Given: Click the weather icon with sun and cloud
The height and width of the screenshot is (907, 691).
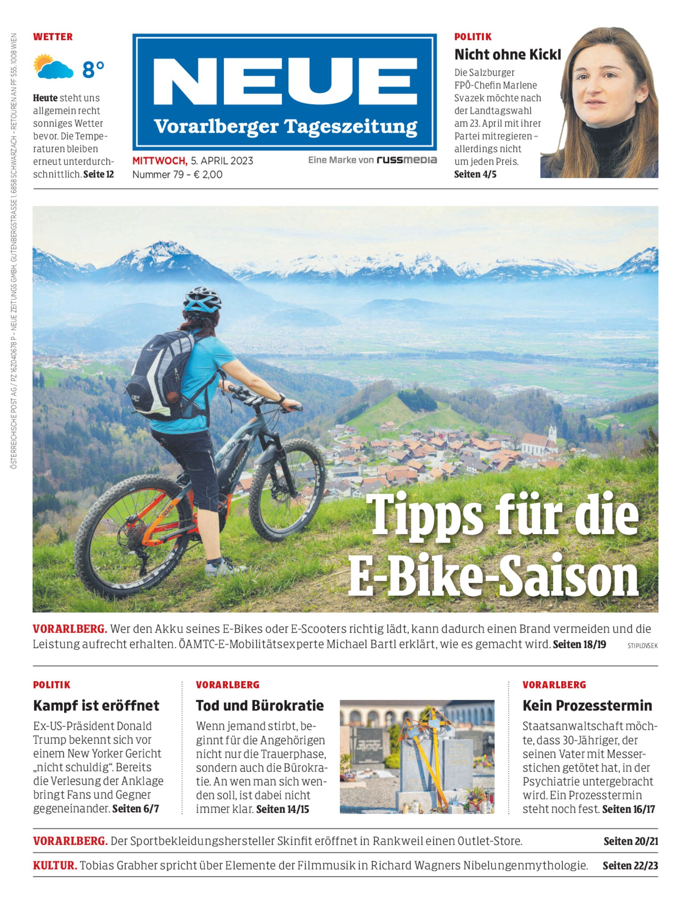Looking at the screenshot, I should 53,67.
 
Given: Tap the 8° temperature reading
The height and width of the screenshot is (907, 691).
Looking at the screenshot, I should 93,70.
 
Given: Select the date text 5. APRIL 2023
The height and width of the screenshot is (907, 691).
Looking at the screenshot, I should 222,161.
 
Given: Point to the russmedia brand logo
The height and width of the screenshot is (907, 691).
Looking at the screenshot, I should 407,160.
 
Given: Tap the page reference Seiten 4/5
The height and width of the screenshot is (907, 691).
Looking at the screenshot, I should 475,175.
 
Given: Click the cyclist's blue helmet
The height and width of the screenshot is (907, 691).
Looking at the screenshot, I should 203,299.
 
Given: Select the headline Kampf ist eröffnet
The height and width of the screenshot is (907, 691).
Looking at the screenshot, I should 96,706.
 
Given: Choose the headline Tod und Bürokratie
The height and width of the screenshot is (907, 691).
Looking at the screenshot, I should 260,706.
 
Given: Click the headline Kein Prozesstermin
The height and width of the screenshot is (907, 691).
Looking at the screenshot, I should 587,706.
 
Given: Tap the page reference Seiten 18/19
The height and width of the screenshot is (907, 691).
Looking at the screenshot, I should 579,644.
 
